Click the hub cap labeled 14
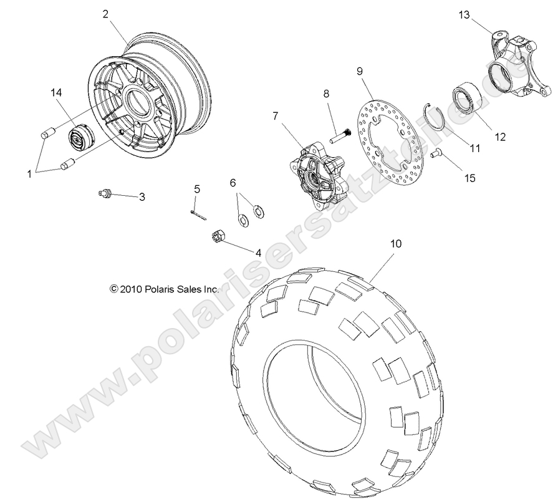pyautogui.click(x=80, y=137)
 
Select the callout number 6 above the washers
pyautogui.click(x=233, y=183)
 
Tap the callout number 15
pyautogui.click(x=469, y=178)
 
